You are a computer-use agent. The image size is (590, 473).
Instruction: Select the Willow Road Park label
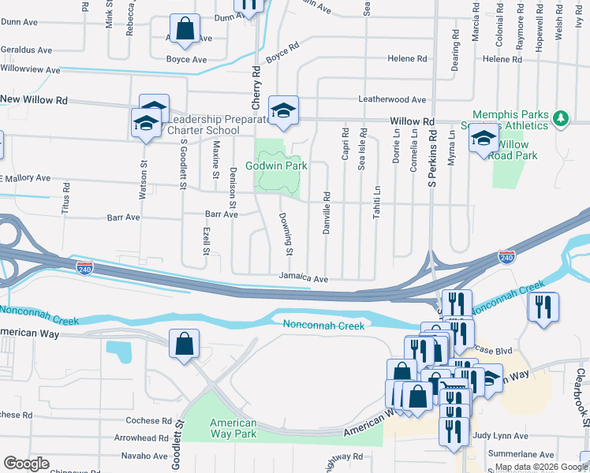[513, 150]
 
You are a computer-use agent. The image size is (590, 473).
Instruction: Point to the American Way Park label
[233, 428]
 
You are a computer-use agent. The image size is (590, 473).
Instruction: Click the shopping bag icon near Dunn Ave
[184, 30]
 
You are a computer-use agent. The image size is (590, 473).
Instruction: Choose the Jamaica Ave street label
[303, 278]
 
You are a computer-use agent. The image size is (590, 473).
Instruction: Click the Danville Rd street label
[327, 212]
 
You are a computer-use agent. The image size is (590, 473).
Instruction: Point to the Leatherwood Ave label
[392, 100]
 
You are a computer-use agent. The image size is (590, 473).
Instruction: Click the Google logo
[26, 464]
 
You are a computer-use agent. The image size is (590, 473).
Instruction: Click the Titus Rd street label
[66, 202]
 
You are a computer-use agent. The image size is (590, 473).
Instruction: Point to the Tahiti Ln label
[377, 202]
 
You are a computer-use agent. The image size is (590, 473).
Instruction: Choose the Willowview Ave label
[30, 70]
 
